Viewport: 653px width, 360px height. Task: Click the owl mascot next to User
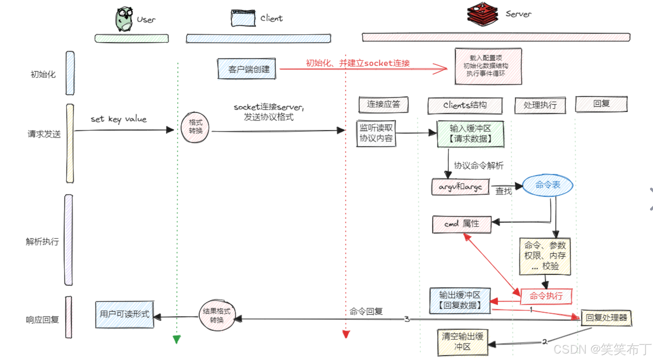point(124,19)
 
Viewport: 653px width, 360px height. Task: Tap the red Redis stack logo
point(482,15)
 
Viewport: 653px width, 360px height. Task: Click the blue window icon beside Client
point(243,18)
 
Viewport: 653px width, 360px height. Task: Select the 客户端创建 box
point(246,69)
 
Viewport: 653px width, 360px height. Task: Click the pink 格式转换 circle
point(195,127)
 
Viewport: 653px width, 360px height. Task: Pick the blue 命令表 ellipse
point(547,185)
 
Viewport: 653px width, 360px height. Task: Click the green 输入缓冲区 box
point(470,134)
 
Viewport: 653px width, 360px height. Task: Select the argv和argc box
point(460,187)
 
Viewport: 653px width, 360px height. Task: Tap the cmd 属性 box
point(462,224)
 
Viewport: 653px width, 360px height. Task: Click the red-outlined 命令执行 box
point(546,296)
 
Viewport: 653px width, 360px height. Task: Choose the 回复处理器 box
point(606,318)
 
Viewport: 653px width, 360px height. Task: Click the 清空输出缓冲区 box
point(463,342)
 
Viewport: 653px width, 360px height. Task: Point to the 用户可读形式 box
point(124,315)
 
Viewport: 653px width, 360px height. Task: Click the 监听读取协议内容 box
point(376,133)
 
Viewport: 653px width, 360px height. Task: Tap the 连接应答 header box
point(383,104)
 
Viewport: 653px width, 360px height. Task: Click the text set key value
point(119,119)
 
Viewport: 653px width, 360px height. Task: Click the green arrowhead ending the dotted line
point(177,339)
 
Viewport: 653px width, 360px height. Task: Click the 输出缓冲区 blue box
point(460,300)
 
